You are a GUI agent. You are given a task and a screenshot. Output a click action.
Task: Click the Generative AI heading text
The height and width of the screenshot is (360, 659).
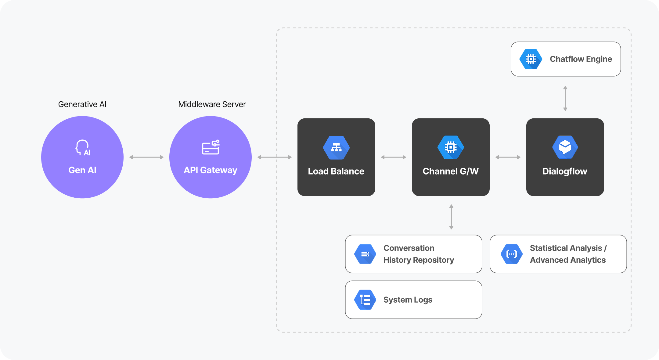(82, 104)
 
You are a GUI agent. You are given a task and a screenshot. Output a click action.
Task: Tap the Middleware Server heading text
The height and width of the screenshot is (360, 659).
(212, 104)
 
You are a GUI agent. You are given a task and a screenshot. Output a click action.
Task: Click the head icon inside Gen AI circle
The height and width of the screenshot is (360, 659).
(83, 148)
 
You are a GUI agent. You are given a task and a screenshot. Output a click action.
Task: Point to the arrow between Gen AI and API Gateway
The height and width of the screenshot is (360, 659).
(146, 157)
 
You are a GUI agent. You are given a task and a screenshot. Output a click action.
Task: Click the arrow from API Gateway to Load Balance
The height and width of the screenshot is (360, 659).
(275, 157)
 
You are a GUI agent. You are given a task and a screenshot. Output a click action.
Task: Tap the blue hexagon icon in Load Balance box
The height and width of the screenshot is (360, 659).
(336, 148)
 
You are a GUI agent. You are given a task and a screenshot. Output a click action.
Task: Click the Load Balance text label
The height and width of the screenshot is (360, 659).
(336, 171)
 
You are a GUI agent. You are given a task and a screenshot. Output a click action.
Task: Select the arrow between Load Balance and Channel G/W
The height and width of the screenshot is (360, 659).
(394, 157)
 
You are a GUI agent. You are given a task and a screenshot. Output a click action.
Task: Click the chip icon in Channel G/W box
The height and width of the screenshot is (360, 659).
(451, 148)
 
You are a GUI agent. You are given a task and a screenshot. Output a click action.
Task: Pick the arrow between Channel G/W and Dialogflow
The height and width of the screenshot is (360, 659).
(508, 157)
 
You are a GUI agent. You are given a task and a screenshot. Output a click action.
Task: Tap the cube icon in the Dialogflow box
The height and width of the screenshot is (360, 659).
(565, 147)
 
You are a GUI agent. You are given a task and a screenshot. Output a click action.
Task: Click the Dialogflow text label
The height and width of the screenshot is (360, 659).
(565, 171)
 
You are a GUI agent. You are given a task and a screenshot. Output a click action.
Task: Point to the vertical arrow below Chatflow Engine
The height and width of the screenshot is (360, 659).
(565, 98)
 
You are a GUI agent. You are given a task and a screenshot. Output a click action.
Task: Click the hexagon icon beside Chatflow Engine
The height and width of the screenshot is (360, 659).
(531, 59)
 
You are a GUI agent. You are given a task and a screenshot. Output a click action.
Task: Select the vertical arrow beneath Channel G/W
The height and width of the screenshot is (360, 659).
(451, 217)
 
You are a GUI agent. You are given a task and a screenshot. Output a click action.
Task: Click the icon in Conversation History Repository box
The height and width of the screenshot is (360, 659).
(365, 254)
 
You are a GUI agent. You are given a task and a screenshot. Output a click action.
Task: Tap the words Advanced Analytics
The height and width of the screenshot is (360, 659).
(567, 260)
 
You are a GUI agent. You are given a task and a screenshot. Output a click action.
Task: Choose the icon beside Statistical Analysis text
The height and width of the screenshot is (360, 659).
(512, 254)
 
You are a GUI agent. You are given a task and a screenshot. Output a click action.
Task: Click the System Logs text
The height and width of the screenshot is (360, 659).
(408, 300)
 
